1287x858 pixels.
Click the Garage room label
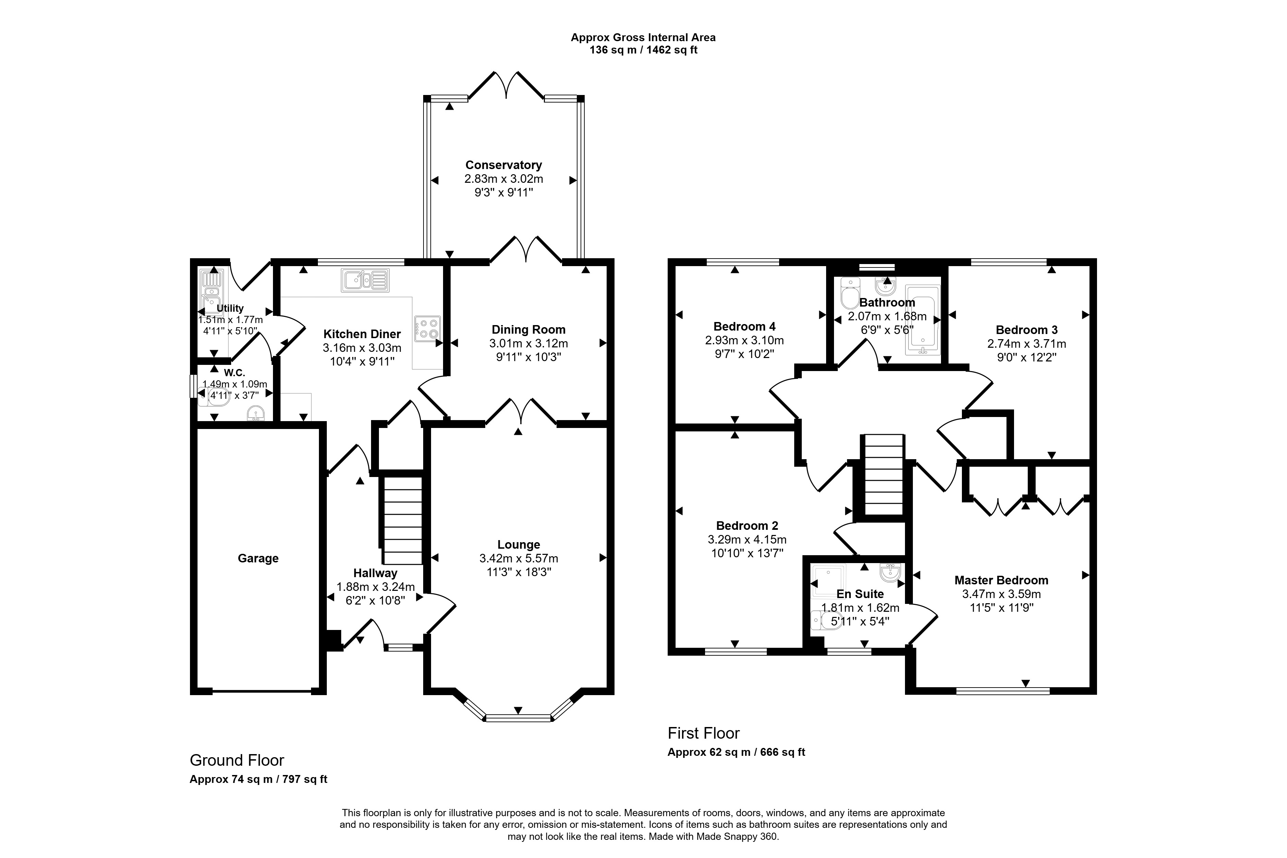[x=258, y=559]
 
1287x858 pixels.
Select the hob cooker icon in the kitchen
[x=427, y=329]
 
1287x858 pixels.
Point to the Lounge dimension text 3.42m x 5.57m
[x=519, y=559]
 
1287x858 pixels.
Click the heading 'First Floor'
[x=704, y=733]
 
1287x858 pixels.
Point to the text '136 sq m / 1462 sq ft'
[x=643, y=50]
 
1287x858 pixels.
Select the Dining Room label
[x=528, y=330]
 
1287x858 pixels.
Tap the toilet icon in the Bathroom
[x=850, y=292]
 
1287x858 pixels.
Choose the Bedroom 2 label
[x=747, y=526]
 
